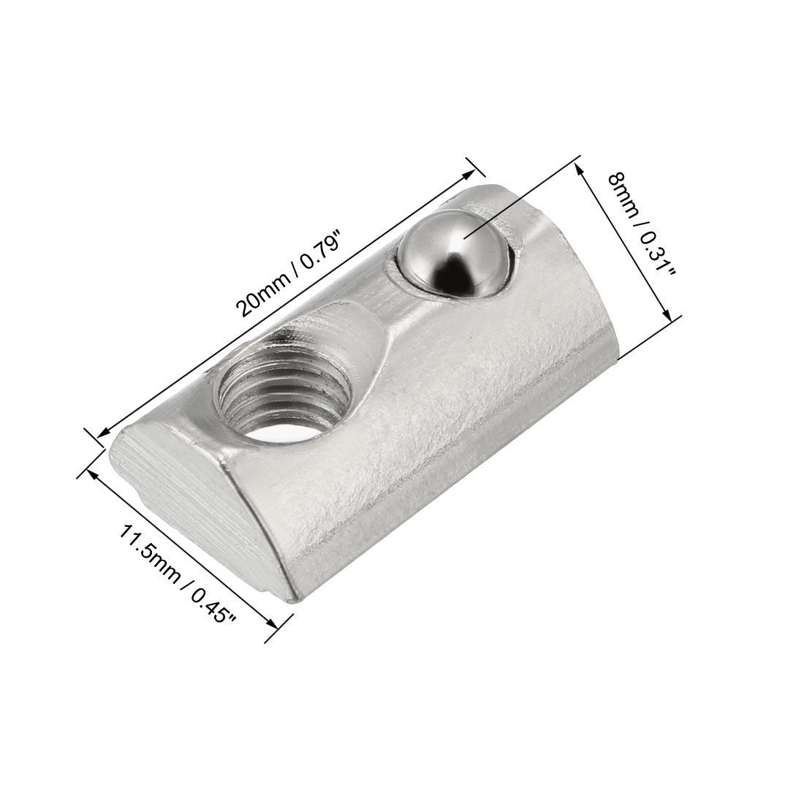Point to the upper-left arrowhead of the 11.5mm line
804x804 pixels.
pos(94,474)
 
